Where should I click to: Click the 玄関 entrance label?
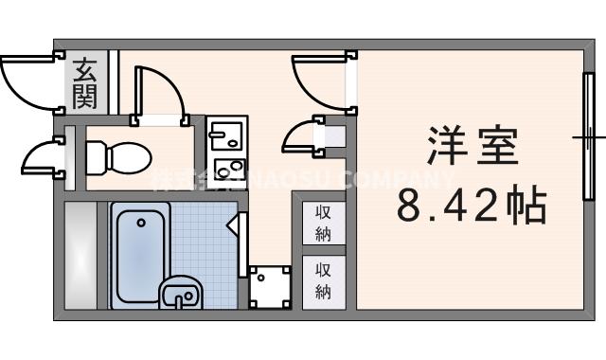pyautogui.click(x=86, y=81)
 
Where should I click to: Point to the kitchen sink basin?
pyautogui.click(x=226, y=140)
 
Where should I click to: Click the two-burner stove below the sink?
pyautogui.click(x=228, y=171)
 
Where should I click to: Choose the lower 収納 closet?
pyautogui.click(x=323, y=280)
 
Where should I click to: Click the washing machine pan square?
pyautogui.click(x=270, y=286)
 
